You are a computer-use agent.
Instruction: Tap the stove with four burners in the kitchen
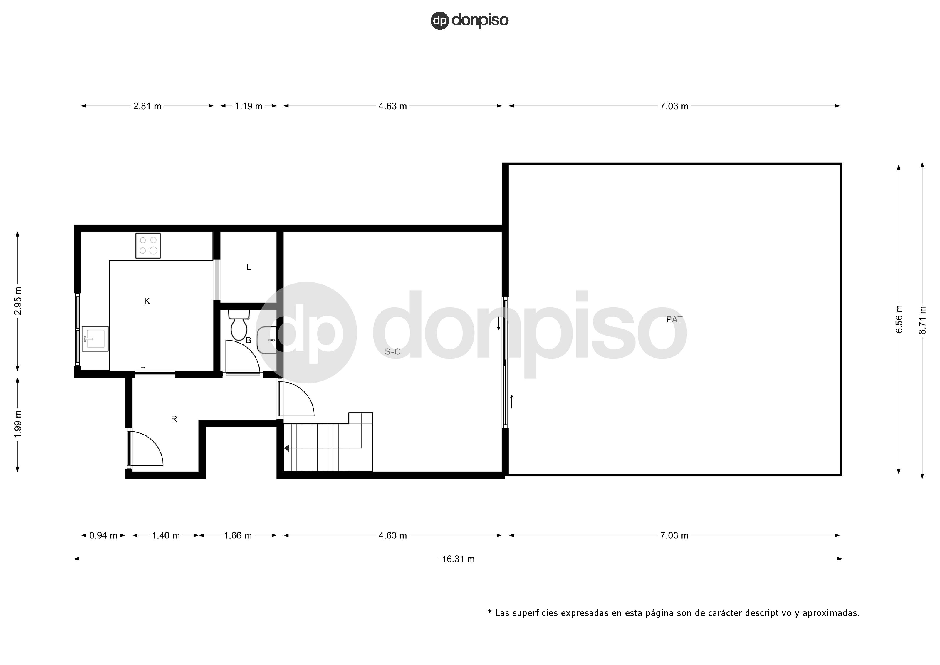point(148,246)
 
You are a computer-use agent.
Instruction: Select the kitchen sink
point(95,339)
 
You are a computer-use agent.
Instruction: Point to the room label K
point(147,301)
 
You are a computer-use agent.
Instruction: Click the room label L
point(248,267)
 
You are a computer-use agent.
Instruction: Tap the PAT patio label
point(674,319)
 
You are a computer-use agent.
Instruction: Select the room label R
point(174,419)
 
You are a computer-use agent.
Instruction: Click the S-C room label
point(392,352)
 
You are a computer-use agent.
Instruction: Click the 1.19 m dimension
point(249,106)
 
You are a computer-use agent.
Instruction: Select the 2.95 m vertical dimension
point(18,301)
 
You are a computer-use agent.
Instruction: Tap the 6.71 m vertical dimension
point(923,320)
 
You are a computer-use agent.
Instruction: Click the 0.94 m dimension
point(103,536)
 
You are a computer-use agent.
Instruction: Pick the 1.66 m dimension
point(237,536)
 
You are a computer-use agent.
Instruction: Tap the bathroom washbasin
point(267,340)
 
